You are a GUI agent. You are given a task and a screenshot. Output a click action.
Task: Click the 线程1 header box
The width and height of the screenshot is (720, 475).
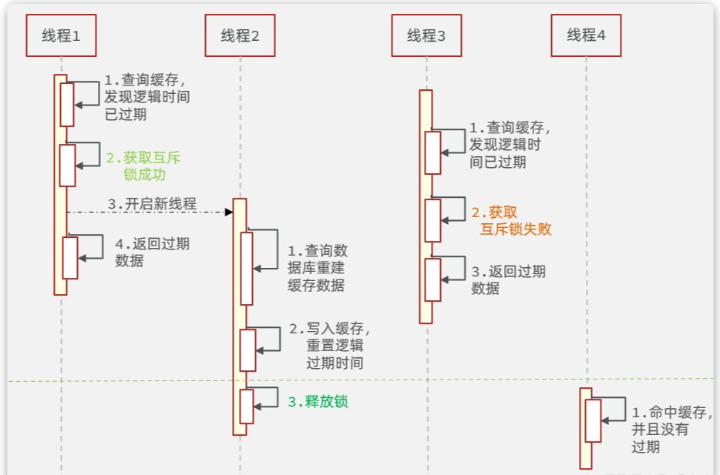61,35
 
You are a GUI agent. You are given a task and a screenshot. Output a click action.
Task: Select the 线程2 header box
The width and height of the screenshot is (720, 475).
241,35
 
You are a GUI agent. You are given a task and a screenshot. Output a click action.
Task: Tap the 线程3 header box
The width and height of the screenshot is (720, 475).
426,35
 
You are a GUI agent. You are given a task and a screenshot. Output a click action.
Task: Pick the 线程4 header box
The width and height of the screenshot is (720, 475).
586,35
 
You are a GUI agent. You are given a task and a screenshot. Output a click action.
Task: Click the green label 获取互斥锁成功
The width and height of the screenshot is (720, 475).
143,166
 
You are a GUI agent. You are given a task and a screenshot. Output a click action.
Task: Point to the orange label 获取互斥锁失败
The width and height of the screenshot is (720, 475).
511,220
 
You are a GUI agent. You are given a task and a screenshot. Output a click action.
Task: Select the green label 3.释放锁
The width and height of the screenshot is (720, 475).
318,402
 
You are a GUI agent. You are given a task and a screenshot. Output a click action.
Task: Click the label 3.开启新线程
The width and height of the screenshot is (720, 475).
152,203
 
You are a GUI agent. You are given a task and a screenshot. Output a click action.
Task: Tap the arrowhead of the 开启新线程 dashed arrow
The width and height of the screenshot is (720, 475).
229,212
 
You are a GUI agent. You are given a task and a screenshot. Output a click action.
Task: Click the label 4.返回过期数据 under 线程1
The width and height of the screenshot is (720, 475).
152,253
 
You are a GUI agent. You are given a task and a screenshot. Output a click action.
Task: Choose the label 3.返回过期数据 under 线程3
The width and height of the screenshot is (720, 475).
508,279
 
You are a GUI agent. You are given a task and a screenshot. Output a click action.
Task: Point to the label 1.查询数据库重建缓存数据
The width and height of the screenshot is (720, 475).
318,268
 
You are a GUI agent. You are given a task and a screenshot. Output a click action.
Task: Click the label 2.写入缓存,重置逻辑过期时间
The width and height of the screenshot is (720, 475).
329,346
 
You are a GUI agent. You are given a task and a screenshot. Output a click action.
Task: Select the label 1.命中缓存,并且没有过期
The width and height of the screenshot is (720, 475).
671,430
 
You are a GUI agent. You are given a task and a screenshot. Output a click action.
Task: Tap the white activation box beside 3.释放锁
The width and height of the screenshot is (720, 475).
247,406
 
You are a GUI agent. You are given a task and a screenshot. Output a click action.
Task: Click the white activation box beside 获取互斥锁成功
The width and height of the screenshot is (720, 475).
68,166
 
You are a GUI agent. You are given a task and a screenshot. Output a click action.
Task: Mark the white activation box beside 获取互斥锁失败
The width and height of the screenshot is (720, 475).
433,220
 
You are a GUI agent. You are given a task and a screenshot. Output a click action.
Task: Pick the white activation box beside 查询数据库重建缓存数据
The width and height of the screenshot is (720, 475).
247,269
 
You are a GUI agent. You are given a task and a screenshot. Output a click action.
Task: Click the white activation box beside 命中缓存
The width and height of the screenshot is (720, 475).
594,421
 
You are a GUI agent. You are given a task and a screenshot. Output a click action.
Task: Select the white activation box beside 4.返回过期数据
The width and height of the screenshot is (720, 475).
70,258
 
